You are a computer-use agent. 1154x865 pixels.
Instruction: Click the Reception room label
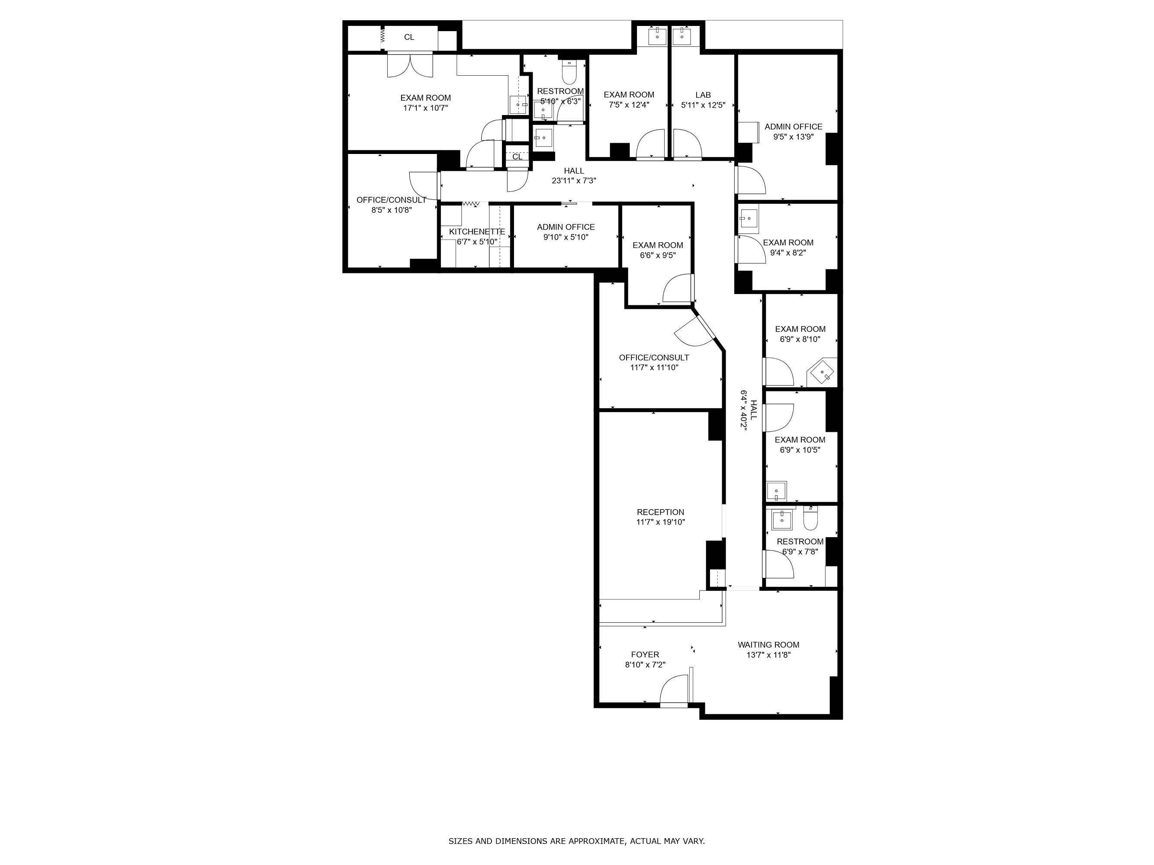[x=660, y=512]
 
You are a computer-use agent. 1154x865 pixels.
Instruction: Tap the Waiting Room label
[x=768, y=644]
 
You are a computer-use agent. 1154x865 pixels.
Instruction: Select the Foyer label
[x=645, y=654]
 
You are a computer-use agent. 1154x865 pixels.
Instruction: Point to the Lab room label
[x=703, y=95]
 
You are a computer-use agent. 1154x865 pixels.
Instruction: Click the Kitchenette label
[x=477, y=231]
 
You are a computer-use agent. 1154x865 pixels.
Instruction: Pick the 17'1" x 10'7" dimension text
[x=425, y=108]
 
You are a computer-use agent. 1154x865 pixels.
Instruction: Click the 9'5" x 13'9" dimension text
[x=793, y=137]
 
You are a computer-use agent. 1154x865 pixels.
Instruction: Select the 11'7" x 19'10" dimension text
[x=660, y=522]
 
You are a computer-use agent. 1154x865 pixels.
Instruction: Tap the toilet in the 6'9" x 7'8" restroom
[x=810, y=518]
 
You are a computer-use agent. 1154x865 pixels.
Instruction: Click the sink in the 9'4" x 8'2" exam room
[x=748, y=218]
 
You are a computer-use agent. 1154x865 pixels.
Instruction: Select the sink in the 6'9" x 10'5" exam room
[x=776, y=491]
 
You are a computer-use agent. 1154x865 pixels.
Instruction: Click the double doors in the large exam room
[x=410, y=65]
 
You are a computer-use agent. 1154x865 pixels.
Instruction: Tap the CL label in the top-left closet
[x=409, y=37]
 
